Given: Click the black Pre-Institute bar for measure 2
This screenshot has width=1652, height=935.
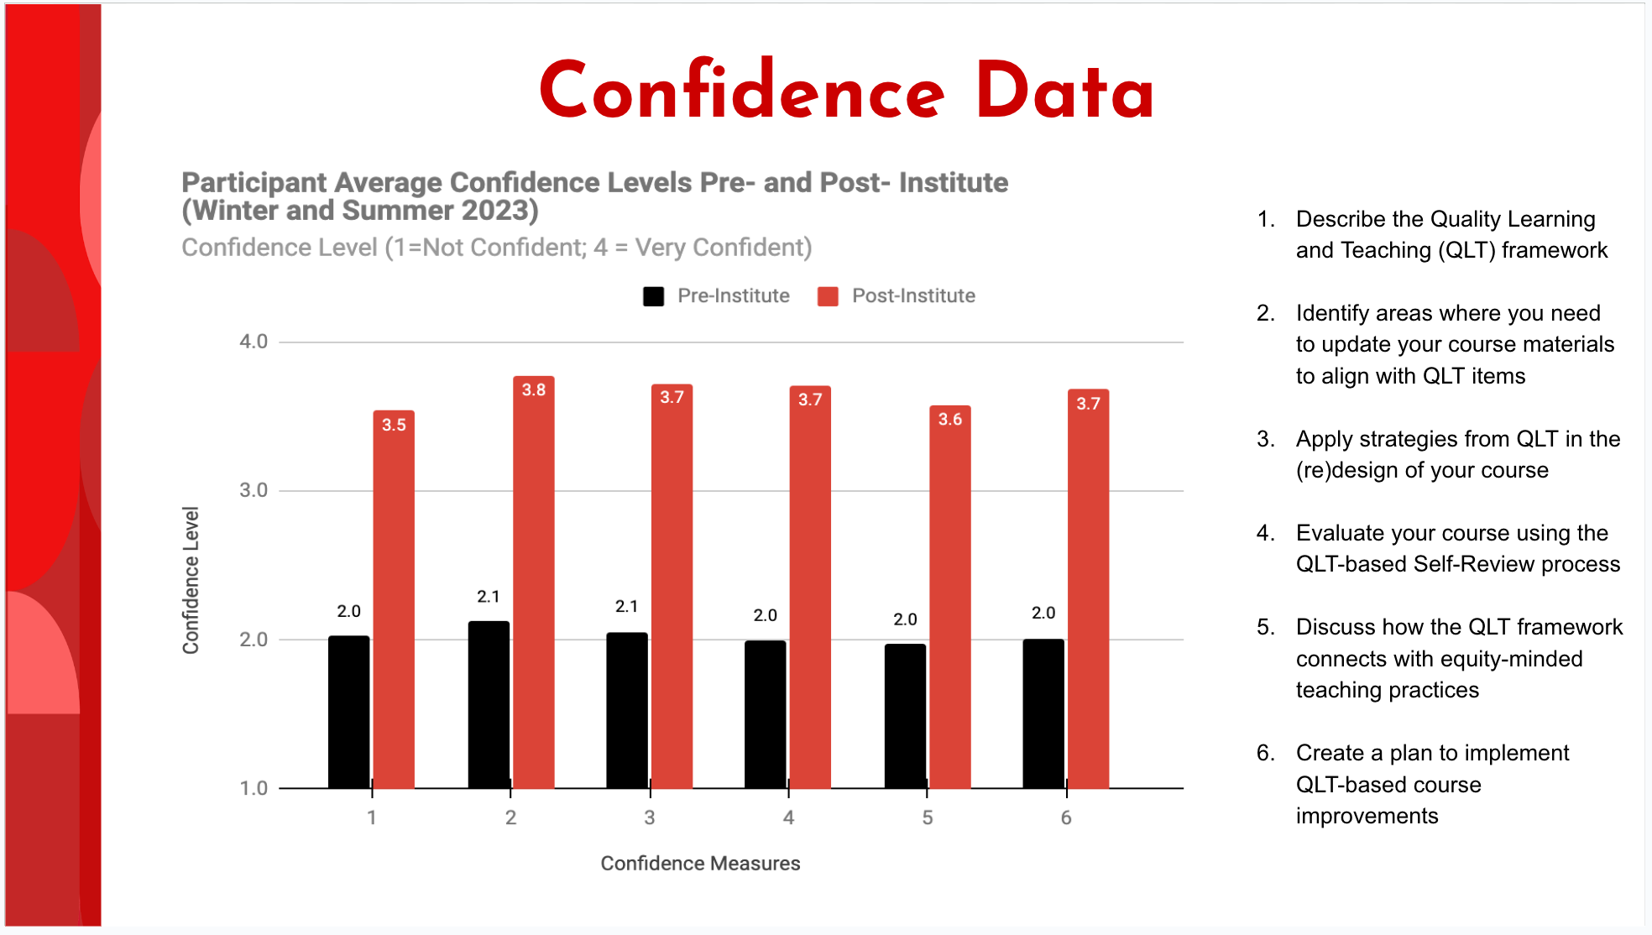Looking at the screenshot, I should click(489, 705).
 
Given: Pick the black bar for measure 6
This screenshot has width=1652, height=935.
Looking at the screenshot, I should click(1043, 713).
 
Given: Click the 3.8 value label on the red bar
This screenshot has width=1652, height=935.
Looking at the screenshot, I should click(534, 390).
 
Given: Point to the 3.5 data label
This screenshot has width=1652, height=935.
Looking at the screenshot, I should click(394, 425).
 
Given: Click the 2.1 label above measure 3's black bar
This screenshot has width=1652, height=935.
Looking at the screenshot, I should click(626, 607).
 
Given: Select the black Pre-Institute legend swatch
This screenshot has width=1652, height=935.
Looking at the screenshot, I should click(654, 296).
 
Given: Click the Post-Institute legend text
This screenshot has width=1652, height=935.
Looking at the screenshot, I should click(913, 296).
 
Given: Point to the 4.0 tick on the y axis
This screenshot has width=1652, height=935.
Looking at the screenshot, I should click(254, 342).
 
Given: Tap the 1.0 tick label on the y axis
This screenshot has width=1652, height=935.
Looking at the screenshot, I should click(254, 788).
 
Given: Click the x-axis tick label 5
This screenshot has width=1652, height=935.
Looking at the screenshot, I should click(928, 817).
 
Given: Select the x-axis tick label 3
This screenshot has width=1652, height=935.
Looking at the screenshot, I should click(650, 817).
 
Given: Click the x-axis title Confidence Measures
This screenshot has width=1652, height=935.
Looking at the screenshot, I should click(700, 864).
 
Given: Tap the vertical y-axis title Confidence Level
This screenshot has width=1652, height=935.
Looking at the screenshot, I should click(191, 580).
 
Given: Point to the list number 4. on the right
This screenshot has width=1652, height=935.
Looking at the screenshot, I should click(1266, 533).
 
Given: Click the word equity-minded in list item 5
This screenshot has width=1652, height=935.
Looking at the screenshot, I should click(1517, 659).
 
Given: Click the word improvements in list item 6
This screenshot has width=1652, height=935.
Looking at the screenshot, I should click(1367, 816).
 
